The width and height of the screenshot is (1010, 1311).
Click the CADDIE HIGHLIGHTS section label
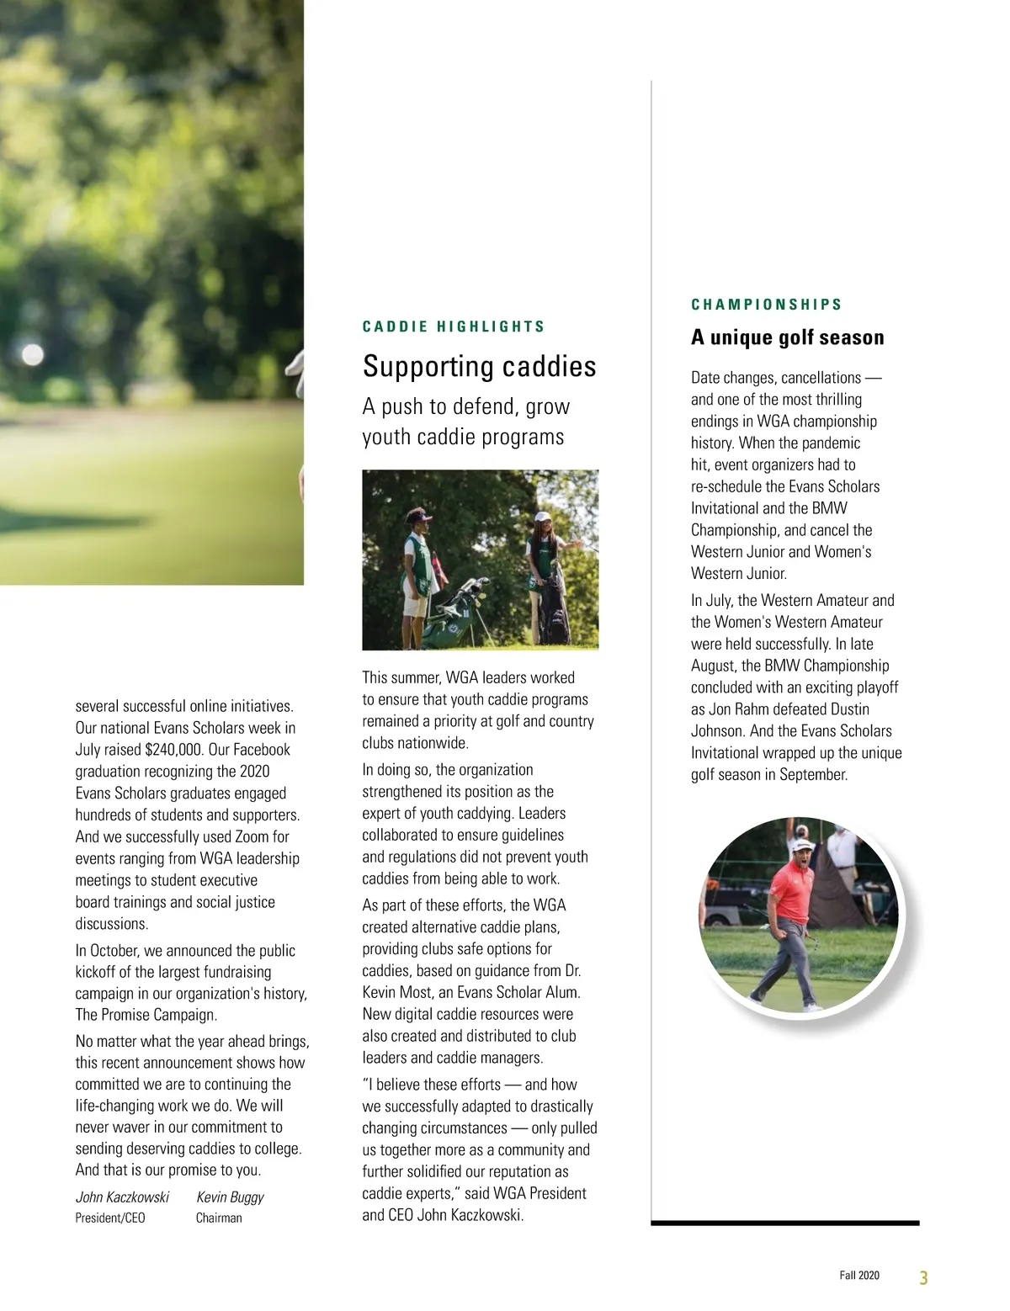[454, 326]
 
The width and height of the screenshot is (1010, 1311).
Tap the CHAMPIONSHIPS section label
[767, 305]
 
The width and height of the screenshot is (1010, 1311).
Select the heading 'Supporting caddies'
[479, 366]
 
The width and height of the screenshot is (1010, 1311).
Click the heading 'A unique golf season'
[788, 337]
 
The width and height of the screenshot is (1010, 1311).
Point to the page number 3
[923, 1277]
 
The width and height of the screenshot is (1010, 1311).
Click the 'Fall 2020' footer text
[858, 1276]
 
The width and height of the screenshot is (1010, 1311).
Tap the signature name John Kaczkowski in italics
[122, 1197]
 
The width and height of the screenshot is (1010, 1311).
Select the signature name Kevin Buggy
[230, 1197]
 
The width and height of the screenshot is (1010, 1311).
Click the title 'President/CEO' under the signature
[110, 1218]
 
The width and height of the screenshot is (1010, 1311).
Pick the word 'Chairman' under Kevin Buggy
[219, 1218]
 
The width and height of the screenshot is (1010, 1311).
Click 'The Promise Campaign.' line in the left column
[146, 1015]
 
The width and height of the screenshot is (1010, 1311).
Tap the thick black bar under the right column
[785, 1223]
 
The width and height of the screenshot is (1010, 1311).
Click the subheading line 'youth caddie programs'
[463, 438]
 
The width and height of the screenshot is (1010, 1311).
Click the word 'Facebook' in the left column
[261, 750]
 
